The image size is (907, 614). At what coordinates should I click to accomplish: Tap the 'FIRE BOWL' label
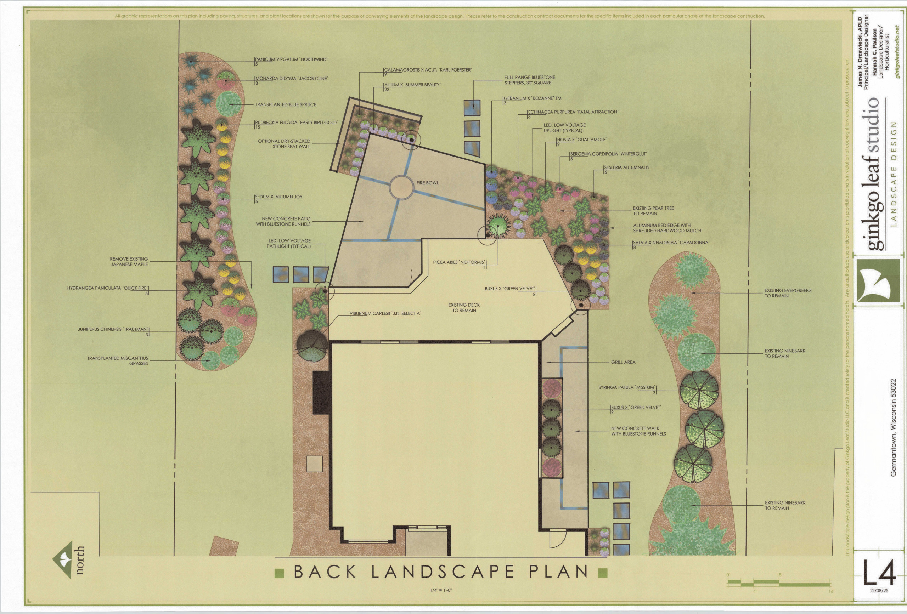point(427,183)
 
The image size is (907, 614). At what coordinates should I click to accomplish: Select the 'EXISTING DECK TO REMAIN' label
point(464,308)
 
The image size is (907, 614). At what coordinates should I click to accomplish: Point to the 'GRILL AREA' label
point(623,362)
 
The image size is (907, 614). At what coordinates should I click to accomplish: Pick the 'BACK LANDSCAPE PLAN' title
point(441,572)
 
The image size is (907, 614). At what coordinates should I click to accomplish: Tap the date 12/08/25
point(879,591)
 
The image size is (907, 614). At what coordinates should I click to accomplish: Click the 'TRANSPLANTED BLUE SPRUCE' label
point(286,104)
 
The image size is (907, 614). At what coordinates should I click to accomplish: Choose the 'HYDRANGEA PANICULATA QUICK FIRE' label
point(107,288)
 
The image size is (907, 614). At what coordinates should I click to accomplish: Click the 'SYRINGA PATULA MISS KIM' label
point(626,387)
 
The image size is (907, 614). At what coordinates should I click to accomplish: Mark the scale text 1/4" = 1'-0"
point(441,590)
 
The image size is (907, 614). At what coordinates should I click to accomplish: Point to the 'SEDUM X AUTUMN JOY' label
point(279,197)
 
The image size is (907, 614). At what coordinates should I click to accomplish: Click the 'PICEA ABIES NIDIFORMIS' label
point(459,262)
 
